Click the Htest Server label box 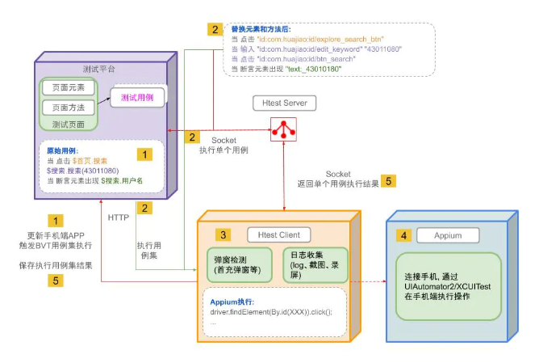coord(282,103)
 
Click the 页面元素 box coord(68,87)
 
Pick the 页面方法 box coord(68,107)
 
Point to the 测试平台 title coord(102,68)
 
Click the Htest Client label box coord(279,234)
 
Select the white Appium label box coord(449,237)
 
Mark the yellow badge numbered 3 coord(223,234)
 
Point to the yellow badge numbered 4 coord(403,237)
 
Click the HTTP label coord(119,216)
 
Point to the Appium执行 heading coord(232,301)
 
